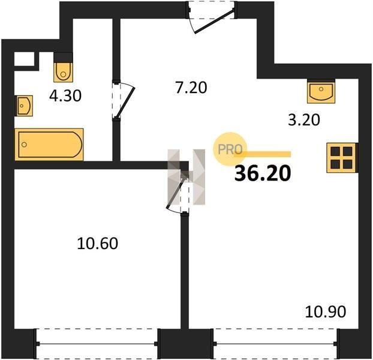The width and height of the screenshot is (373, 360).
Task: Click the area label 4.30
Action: coord(65,96)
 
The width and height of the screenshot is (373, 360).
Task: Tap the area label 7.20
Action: coord(191,88)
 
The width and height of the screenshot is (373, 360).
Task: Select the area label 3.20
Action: coord(304,120)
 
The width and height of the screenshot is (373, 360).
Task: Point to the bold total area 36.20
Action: coord(263,173)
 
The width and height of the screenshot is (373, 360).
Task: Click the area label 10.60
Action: coord(98,244)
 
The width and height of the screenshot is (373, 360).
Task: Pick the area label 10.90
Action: coord(325,312)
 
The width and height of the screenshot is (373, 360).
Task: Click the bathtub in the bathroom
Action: coord(49,144)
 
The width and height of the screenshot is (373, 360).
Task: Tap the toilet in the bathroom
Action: coord(63,72)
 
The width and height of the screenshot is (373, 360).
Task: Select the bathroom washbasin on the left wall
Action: coord(24,106)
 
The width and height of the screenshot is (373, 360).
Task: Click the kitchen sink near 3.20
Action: coord(321,92)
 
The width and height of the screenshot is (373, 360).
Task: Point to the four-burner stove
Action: coord(342,158)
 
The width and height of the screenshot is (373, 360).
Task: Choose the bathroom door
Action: coord(123,100)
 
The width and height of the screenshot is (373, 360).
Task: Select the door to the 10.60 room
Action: coord(178,192)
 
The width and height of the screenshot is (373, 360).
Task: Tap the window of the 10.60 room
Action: coord(97,344)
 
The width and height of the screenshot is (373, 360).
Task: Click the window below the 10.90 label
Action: coord(275,344)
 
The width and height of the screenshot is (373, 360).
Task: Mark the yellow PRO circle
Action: coord(230,149)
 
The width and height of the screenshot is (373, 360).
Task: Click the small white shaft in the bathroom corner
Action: coord(24,59)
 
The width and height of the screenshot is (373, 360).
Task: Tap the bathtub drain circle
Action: coord(24,145)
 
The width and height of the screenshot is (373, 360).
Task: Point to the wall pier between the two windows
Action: coord(185,344)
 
